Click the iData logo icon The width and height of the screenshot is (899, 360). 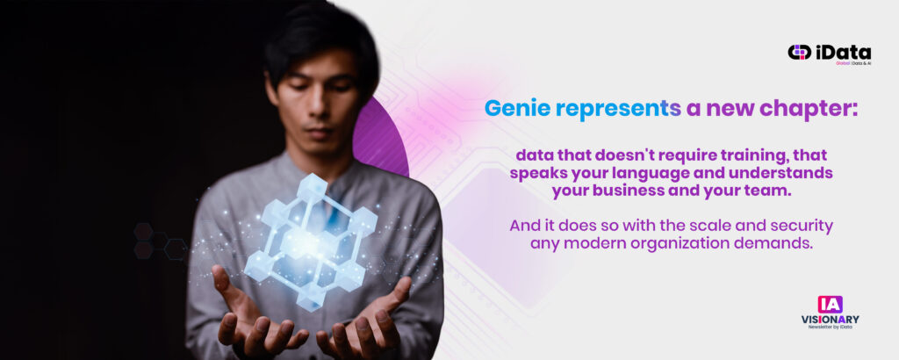799,52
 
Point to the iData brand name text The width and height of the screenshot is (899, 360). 844,52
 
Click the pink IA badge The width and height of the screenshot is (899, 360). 831,304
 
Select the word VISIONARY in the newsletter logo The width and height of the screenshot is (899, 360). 831,320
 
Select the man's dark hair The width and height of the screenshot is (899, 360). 321,41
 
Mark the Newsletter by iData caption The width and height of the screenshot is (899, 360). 831,328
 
